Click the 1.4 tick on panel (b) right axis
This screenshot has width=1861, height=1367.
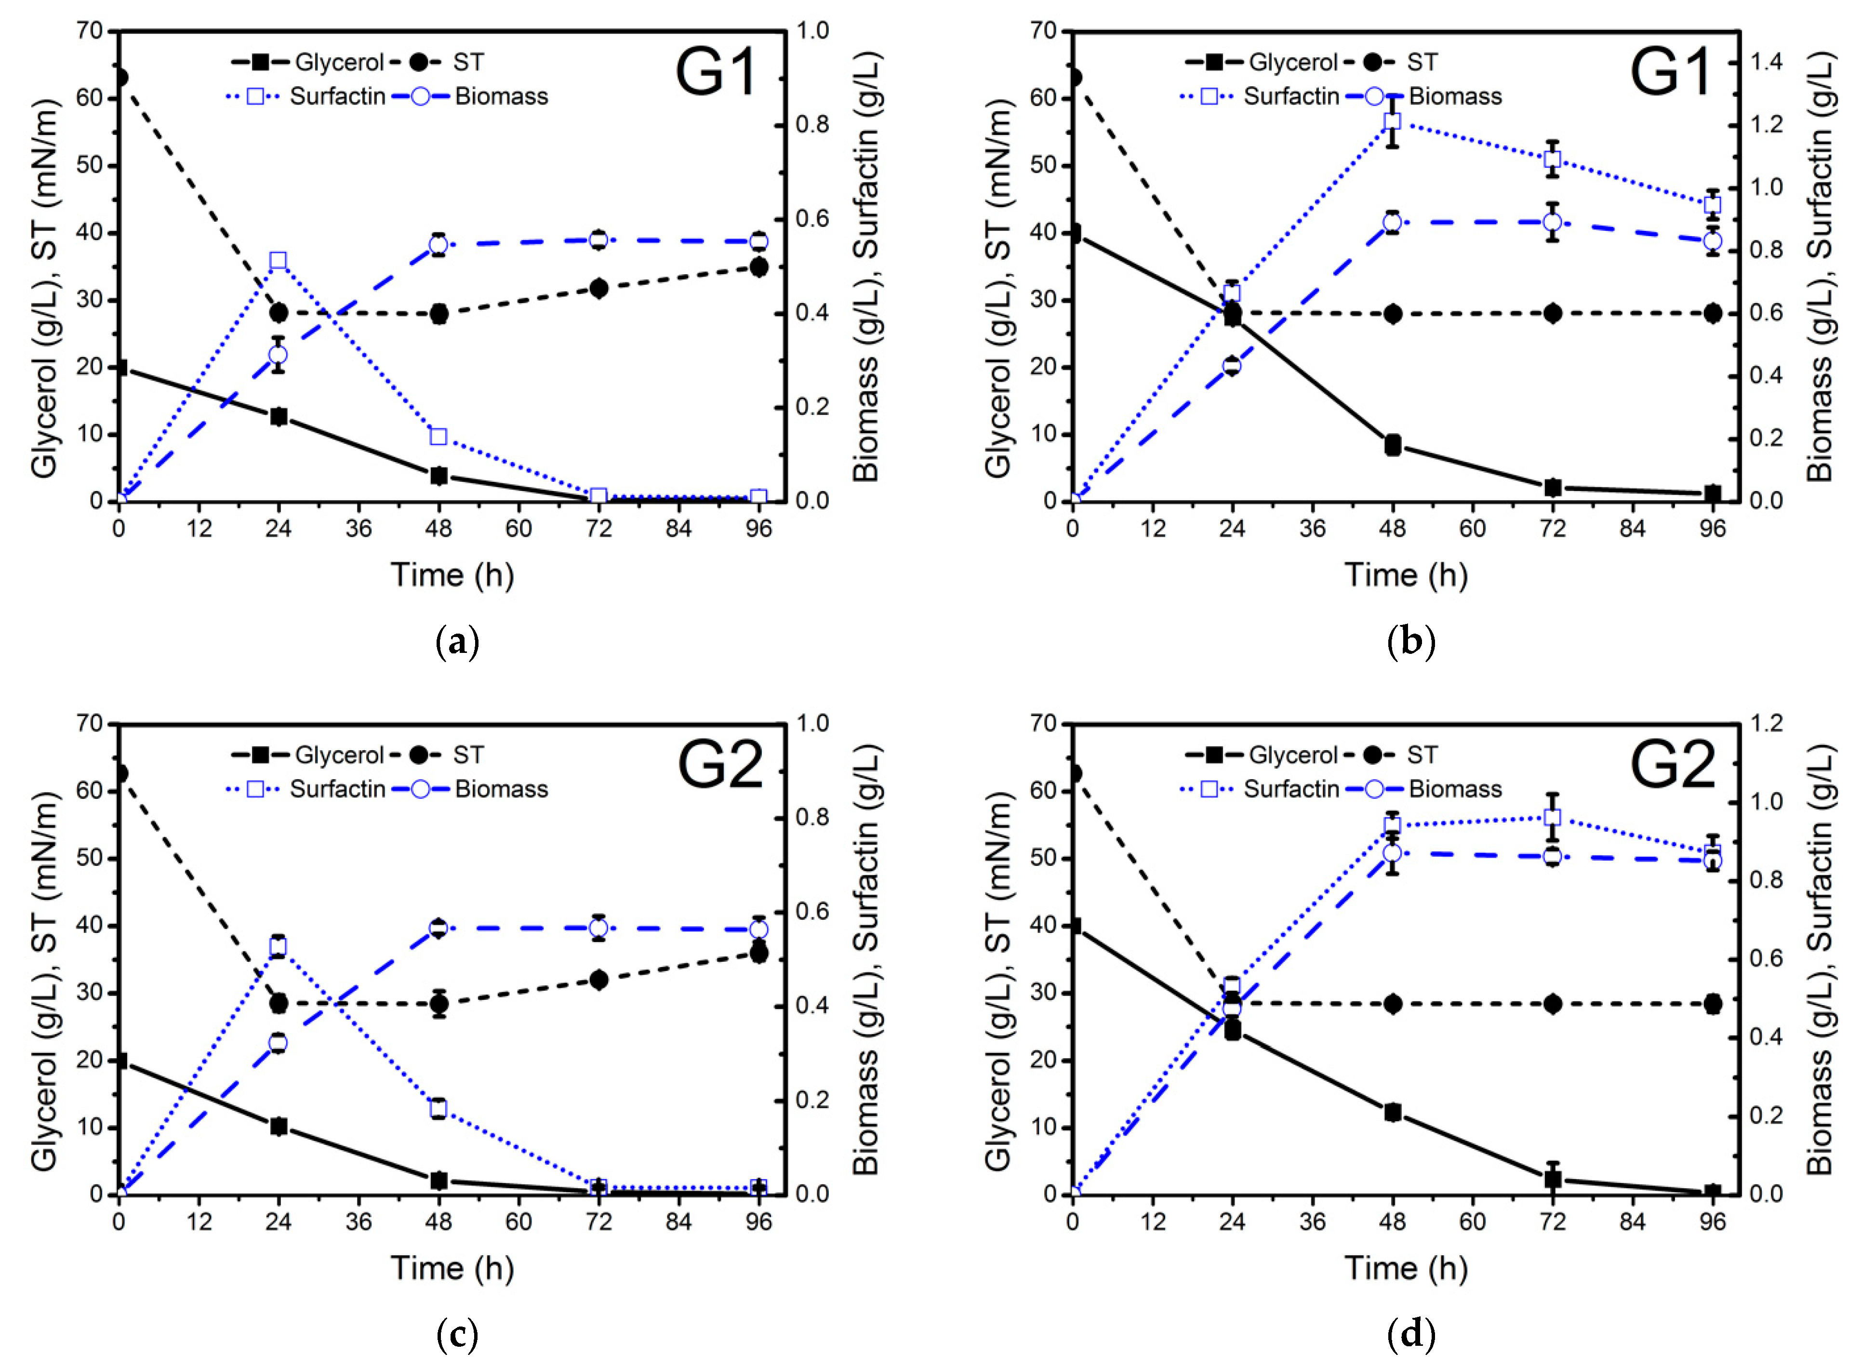pos(1766,62)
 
